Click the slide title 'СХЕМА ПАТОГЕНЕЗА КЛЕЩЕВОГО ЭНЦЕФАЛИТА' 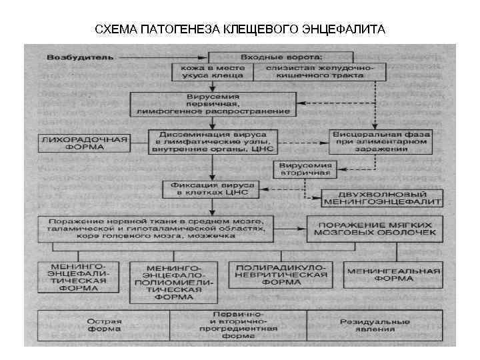tap(239, 29)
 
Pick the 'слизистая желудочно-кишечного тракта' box tap(320, 72)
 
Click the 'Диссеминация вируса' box tap(212, 142)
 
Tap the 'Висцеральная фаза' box tap(381, 142)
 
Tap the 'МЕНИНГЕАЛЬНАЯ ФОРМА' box tap(393, 273)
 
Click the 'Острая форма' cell tap(104, 325)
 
